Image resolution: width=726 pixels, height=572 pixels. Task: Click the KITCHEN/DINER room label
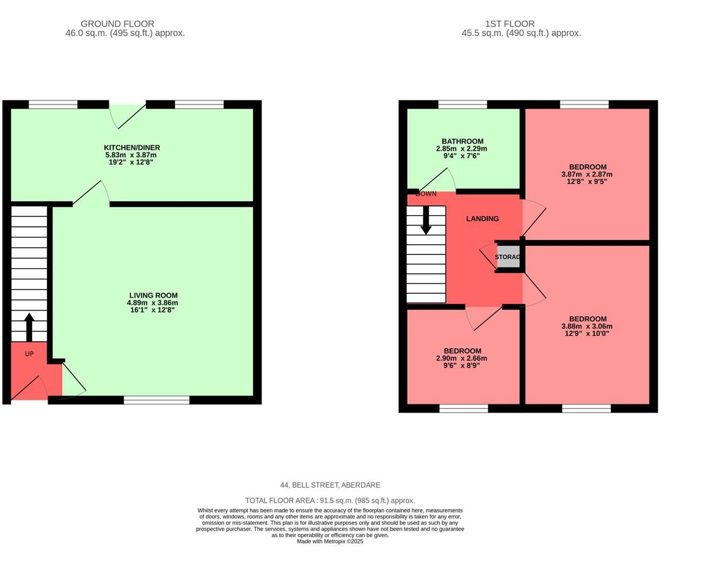(x=131, y=148)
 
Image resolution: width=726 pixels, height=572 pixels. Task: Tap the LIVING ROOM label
(x=153, y=296)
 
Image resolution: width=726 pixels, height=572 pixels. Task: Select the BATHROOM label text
(x=462, y=141)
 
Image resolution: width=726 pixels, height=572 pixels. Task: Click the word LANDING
(x=482, y=219)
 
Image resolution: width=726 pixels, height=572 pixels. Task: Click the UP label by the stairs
(x=29, y=354)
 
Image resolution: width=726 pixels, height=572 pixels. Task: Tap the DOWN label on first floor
(x=426, y=194)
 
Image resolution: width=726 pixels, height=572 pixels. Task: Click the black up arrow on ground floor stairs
(x=29, y=326)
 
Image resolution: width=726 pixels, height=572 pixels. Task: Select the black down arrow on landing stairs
(x=426, y=221)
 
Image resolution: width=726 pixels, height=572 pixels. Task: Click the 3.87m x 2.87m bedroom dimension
(x=587, y=174)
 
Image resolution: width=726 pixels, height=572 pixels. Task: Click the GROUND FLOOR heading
(x=118, y=24)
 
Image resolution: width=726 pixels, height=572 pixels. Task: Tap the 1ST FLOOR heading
(x=509, y=24)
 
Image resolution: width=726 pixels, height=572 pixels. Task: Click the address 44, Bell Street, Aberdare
(x=330, y=485)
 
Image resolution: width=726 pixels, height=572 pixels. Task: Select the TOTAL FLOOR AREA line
(x=330, y=501)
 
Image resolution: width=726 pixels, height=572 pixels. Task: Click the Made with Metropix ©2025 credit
(x=330, y=541)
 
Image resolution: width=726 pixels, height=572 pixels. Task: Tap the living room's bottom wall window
(x=156, y=400)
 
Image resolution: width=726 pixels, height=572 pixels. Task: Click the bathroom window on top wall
(x=462, y=104)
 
